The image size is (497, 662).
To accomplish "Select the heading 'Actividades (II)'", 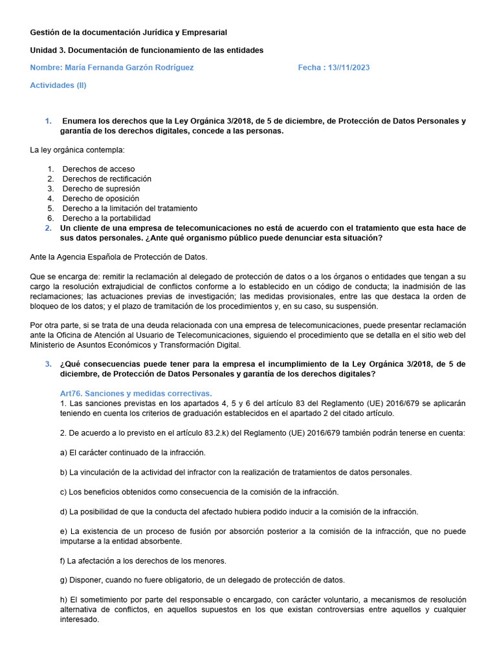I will point(58,85).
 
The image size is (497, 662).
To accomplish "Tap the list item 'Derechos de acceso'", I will point(98,169).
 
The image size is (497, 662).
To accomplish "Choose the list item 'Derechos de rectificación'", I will point(107,178).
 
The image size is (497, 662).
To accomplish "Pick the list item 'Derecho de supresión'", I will point(101,189).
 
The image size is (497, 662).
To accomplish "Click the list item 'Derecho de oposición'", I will point(100,198).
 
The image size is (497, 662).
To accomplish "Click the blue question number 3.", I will point(48,364).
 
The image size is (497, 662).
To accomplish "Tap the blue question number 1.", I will point(48,121).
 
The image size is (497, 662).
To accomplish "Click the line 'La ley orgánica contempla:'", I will point(77,151).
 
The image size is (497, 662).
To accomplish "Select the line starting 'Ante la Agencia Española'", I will point(118,257).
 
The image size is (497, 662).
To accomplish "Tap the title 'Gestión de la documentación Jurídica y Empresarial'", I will point(129,32).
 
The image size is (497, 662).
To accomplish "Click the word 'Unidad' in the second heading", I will point(43,50).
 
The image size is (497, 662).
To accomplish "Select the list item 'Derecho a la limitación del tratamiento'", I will point(129,208).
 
